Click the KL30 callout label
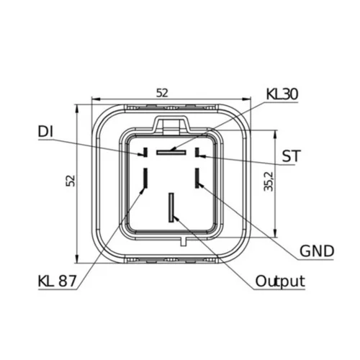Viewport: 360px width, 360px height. (282, 94)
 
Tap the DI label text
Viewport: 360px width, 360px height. (45, 132)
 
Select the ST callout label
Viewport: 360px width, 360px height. (291, 156)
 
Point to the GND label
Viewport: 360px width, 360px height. (317, 251)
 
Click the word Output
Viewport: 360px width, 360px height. (280, 281)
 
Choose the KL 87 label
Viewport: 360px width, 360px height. (57, 281)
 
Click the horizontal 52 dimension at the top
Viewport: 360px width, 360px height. (162, 93)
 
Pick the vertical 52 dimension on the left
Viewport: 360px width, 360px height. (71, 181)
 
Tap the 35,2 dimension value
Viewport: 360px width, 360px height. (269, 181)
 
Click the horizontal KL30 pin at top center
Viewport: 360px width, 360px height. (171, 153)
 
